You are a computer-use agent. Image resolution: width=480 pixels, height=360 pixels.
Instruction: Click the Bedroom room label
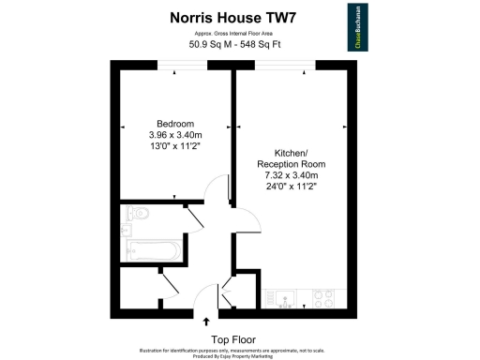coord(175,124)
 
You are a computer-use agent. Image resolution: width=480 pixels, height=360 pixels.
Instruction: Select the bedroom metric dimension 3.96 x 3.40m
coord(175,135)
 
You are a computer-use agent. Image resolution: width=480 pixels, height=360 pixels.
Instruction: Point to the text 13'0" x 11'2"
coord(175,146)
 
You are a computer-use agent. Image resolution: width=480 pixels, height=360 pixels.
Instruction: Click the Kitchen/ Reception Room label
coord(289,158)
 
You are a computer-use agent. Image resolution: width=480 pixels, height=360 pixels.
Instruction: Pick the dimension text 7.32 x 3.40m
coord(289,175)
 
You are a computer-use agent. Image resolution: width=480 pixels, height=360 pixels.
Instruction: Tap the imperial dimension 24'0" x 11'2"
coord(289,187)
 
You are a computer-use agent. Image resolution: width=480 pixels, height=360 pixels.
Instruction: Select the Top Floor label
coord(232,338)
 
